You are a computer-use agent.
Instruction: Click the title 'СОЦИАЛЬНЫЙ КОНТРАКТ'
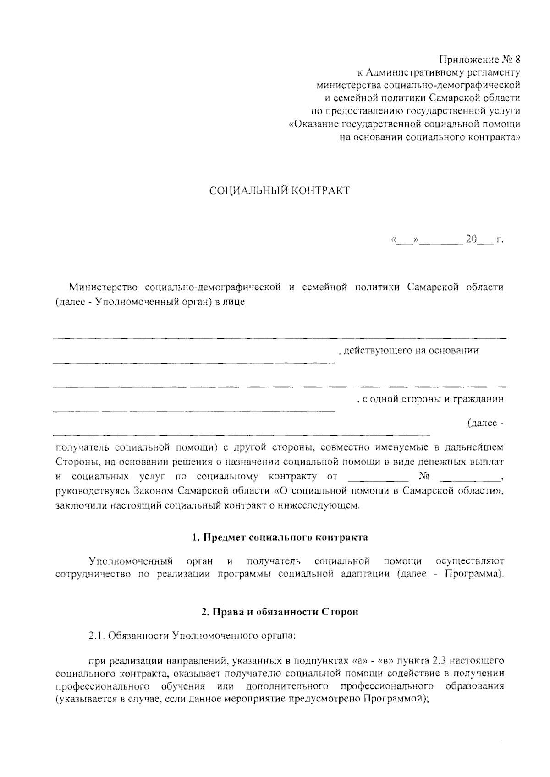pyautogui.click(x=280, y=190)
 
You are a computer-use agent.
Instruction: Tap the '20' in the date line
pyautogui.click(x=471, y=239)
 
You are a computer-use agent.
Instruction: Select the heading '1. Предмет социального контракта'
pyautogui.click(x=280, y=538)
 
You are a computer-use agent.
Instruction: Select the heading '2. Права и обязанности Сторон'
pyautogui.click(x=280, y=612)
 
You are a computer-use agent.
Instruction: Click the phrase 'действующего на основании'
pyautogui.click(x=411, y=351)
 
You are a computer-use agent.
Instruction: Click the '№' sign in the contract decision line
pyautogui.click(x=424, y=477)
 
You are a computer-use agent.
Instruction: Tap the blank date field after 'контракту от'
pyautogui.click(x=378, y=478)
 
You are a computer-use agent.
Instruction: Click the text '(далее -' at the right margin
pyautogui.click(x=485, y=424)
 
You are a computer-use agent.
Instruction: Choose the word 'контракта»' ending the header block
pyautogui.click(x=499, y=137)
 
